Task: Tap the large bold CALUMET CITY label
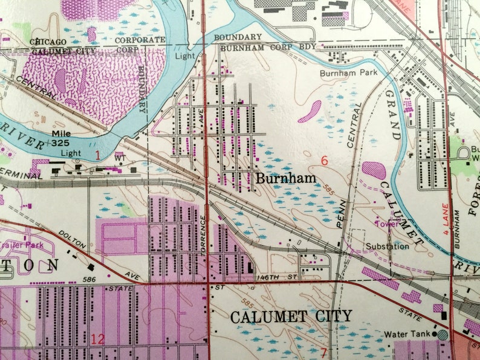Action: tap(291, 316)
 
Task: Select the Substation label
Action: tap(388, 246)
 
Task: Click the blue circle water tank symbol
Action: tap(443, 334)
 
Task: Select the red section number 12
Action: tap(97, 339)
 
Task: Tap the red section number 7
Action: tap(324, 353)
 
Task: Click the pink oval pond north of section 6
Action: tap(310, 111)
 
